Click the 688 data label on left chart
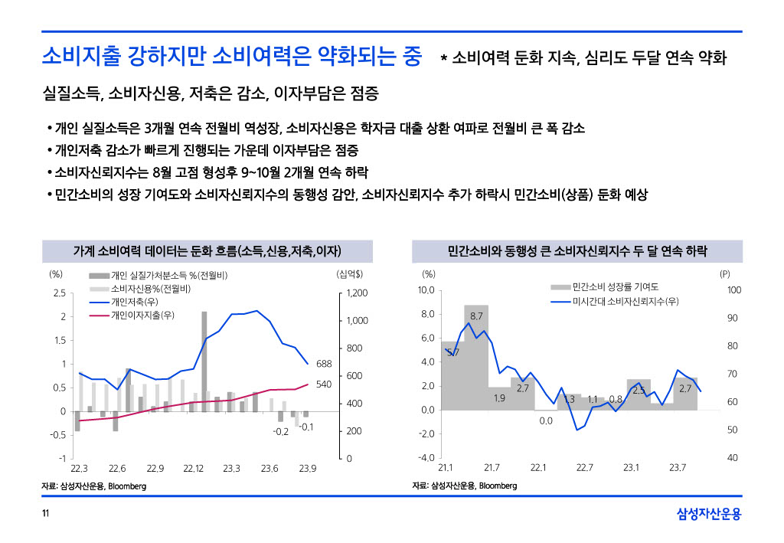[323, 364]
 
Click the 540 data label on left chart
[323, 384]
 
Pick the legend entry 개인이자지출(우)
[142, 315]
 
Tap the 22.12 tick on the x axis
[193, 468]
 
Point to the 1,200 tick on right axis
[358, 293]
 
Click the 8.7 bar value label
[476, 316]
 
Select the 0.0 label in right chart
[546, 420]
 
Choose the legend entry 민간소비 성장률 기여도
[615, 286]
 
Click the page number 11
[45, 513]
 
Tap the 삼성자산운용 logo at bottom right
[709, 514]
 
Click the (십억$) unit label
[349, 273]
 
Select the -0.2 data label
[280, 432]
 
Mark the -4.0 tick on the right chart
[426, 458]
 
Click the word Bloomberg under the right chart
[498, 486]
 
